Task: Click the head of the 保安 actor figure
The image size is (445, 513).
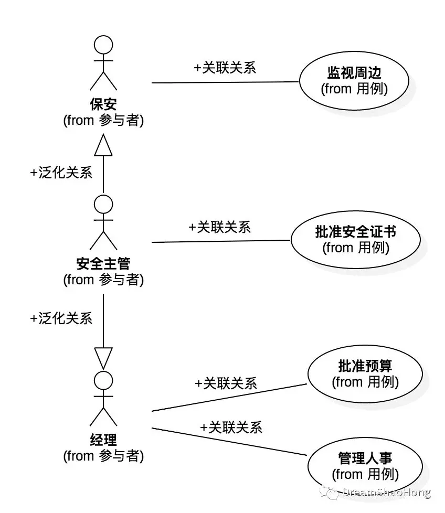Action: [103, 45]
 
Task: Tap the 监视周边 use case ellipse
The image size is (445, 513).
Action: [354, 81]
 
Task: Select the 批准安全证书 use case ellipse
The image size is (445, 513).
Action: [355, 240]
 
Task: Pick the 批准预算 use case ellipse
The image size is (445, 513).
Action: [365, 374]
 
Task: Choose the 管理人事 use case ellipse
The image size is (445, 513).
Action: [365, 466]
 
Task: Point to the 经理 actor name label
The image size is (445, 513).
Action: [103, 440]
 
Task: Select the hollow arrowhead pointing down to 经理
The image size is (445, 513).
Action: [103, 359]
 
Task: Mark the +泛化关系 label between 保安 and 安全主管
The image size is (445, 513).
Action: [61, 173]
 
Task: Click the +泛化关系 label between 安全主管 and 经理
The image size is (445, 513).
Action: [61, 318]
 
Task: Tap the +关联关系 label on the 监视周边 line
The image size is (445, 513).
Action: [225, 68]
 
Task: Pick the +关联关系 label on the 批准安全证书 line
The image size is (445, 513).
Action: [220, 227]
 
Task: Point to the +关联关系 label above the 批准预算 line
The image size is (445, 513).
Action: [226, 383]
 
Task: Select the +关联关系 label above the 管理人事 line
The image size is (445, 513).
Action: [231, 427]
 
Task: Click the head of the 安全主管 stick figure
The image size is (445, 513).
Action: [103, 204]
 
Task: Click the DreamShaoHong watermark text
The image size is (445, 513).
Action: [386, 493]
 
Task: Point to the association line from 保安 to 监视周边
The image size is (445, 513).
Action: [226, 82]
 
